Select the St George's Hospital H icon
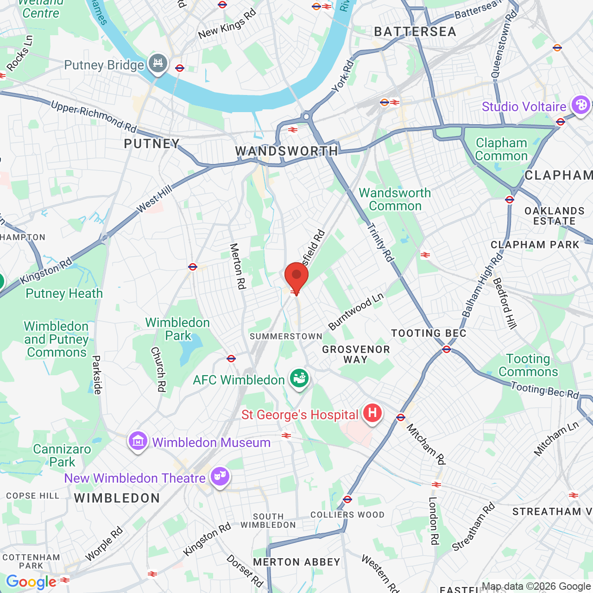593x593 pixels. click(x=372, y=412)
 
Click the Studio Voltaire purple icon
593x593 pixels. click(x=580, y=105)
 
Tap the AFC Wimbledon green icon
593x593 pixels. click(x=299, y=378)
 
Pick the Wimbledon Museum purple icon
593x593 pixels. click(x=138, y=441)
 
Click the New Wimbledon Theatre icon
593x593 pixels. click(x=220, y=476)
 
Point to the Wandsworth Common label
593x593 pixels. click(x=395, y=199)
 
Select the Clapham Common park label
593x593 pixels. click(x=501, y=149)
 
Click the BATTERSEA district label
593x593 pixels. click(x=415, y=32)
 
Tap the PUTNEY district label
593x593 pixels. click(x=151, y=144)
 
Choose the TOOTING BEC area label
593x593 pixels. click(x=429, y=333)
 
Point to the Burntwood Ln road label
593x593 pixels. click(x=356, y=311)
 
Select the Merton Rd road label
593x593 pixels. click(x=237, y=266)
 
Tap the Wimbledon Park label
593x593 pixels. click(x=178, y=329)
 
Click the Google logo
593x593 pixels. click(x=31, y=582)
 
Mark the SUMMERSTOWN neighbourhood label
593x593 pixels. click(x=286, y=336)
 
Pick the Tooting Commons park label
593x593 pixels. click(x=528, y=365)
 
